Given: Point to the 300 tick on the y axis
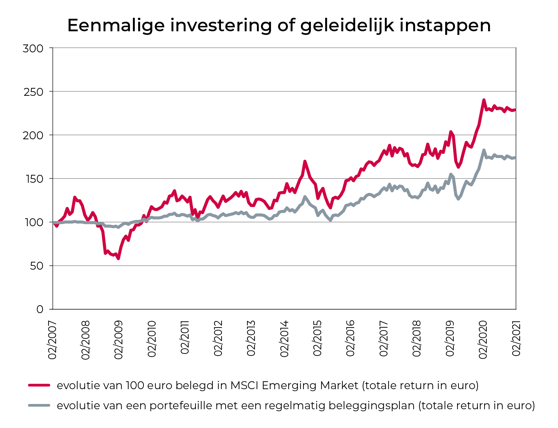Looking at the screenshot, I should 33,48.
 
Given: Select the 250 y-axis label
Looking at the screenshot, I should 33,92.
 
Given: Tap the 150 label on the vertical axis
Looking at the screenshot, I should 33,179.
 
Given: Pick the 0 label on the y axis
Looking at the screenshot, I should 40,309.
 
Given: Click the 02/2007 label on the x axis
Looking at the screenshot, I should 53,339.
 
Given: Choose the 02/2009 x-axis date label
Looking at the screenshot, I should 118,339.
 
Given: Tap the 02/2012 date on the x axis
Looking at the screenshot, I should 218,339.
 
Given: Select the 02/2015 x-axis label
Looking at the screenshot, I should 317,339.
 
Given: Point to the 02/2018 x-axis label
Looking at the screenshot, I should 417,339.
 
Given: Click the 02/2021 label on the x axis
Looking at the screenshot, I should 516,339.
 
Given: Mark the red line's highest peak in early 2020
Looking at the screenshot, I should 484,100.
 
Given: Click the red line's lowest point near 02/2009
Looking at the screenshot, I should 118,258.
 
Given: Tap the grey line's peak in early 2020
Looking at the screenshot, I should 484,150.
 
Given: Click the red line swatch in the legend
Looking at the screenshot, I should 39,385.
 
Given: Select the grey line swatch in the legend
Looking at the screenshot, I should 39,405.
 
